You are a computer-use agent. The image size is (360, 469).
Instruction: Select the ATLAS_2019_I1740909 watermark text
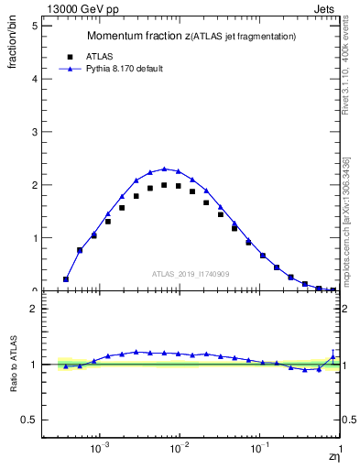pyautogui.click(x=191, y=274)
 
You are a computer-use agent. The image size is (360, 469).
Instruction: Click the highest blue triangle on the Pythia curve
pyautogui.click(x=164, y=169)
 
